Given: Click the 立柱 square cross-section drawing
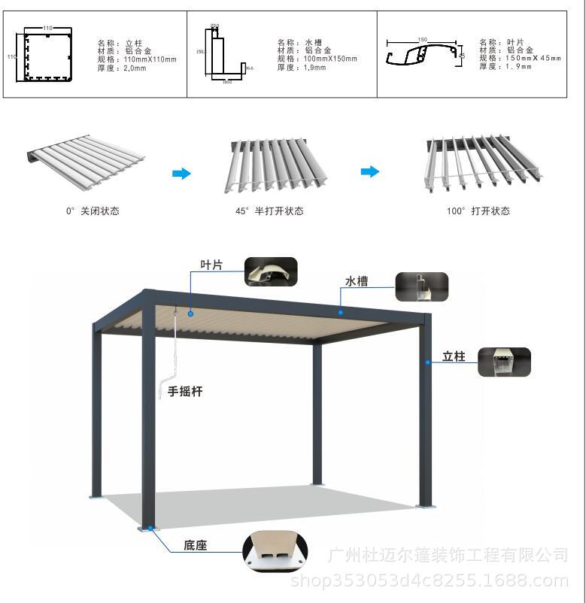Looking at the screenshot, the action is point(47,55).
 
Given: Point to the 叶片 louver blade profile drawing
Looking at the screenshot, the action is point(424,54).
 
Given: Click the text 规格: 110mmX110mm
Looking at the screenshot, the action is point(137,59).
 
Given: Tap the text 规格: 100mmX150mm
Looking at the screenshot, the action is point(317,59).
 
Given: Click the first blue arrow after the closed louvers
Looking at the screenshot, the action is point(181,174).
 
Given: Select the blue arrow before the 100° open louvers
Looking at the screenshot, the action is point(369,171).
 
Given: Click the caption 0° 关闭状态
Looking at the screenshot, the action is point(92,211).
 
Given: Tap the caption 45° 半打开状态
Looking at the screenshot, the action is point(269,211).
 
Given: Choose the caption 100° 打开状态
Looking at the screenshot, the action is point(478,211).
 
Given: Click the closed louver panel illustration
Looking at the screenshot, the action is point(86,156).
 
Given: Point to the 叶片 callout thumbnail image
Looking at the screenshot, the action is point(271,271).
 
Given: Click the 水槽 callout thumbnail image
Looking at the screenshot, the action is point(422,286).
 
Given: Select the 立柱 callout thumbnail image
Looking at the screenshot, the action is point(504,362).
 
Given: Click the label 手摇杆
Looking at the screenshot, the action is point(185,391).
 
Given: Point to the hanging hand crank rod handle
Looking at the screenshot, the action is point(165,389).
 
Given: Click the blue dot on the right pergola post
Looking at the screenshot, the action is point(428,362).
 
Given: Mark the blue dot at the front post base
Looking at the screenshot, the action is point(150,528).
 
